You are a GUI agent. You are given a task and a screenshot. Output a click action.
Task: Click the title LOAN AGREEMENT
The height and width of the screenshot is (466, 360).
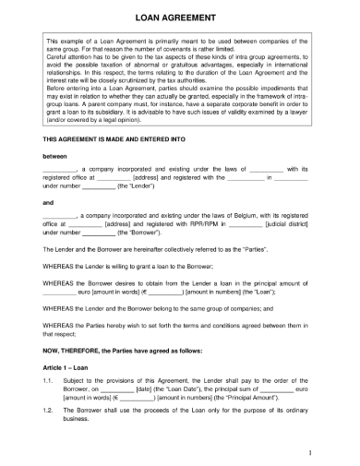179,18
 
